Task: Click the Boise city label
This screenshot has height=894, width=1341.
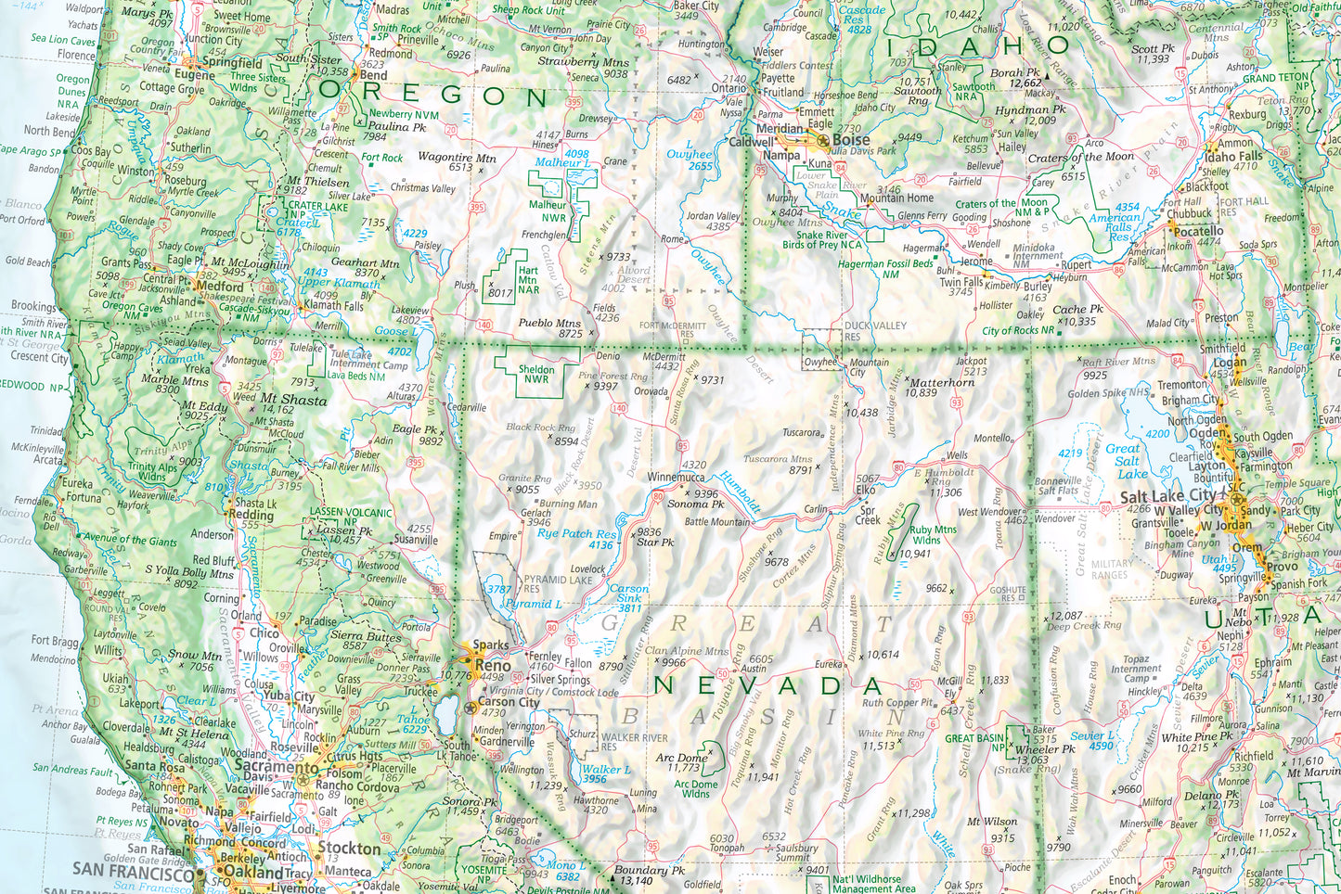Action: point(851,139)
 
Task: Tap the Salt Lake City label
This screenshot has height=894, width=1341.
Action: point(1167,496)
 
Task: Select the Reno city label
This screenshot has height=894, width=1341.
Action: point(493,665)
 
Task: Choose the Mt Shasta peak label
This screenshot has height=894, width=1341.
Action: point(293,401)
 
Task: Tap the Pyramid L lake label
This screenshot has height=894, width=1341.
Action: point(533,604)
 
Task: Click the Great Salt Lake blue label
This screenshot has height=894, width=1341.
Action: point(1127,461)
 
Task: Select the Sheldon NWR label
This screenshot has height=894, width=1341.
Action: point(536,374)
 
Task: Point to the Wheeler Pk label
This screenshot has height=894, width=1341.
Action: point(1045,749)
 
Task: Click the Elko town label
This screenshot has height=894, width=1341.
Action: point(866,490)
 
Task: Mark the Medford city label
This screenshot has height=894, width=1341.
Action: point(220,287)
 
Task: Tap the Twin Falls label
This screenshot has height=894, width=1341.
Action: point(961,282)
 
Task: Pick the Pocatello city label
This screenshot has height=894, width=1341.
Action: point(1198,231)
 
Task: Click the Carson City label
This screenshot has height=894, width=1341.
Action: point(509,702)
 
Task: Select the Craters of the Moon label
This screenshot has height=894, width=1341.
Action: point(1081,157)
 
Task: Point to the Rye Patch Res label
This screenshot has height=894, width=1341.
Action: point(576,533)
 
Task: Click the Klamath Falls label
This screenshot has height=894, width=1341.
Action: point(334,305)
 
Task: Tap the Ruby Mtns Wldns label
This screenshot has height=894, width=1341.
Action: point(933,535)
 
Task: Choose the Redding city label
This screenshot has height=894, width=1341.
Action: point(251,514)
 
